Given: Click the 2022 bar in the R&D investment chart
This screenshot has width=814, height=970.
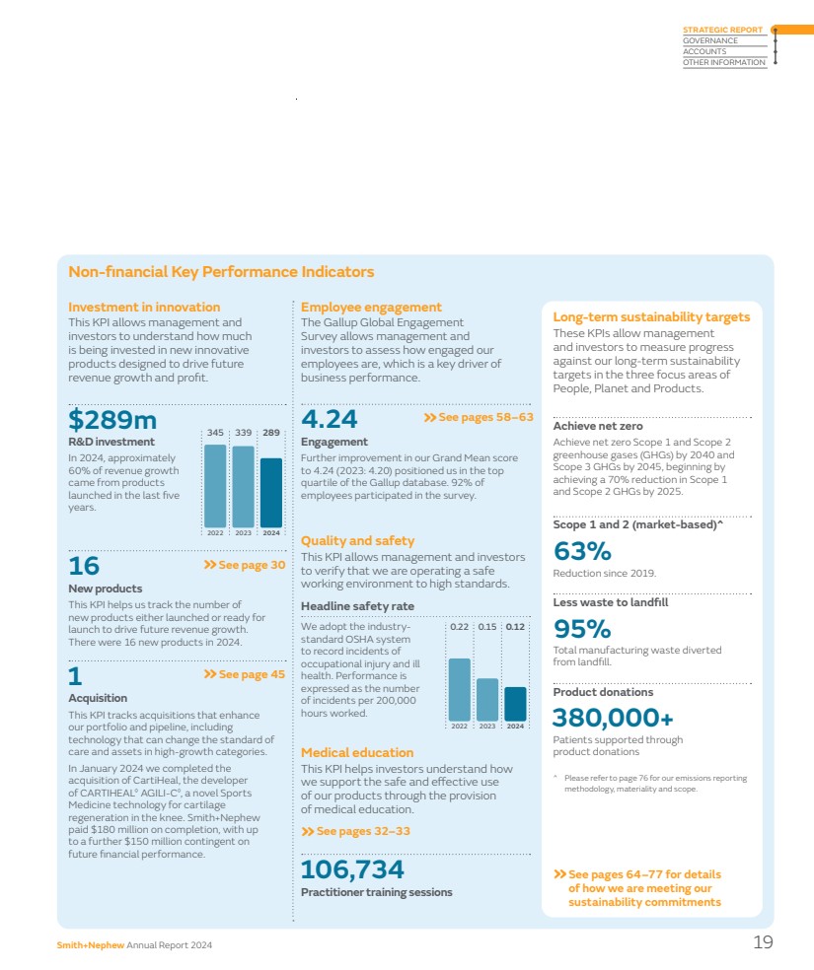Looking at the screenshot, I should (x=215, y=485).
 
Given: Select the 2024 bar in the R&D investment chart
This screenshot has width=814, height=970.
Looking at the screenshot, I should (x=271, y=492).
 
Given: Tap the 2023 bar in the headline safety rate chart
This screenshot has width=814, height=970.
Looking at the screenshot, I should (x=487, y=699).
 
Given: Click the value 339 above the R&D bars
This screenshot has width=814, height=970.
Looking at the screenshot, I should (x=243, y=432).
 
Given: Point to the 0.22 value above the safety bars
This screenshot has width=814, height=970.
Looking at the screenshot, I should (x=460, y=626).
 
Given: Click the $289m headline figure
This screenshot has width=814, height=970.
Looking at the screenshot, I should (x=113, y=420).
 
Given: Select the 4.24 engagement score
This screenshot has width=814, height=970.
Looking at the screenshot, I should (x=329, y=420).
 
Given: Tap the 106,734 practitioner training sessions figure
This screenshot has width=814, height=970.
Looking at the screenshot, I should (x=352, y=869).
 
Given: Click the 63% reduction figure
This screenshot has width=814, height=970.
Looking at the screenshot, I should (x=582, y=550).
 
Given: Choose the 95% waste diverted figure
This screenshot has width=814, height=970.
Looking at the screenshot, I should (x=582, y=629).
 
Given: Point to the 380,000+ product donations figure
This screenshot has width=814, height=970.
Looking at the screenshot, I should (x=613, y=717).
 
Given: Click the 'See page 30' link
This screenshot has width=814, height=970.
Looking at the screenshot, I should (x=244, y=565).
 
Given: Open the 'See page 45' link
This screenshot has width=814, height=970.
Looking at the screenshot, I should (x=244, y=674).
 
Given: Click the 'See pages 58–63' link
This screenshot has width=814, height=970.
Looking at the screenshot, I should (x=479, y=418).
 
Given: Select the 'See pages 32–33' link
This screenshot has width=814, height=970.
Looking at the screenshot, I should (x=355, y=831).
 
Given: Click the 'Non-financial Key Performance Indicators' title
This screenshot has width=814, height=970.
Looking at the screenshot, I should (x=221, y=272).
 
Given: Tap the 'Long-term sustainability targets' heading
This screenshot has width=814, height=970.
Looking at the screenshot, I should (x=651, y=317).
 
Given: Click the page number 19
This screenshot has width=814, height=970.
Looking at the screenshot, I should (x=763, y=942).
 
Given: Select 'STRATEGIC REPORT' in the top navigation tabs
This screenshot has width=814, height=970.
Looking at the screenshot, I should (x=722, y=30).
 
